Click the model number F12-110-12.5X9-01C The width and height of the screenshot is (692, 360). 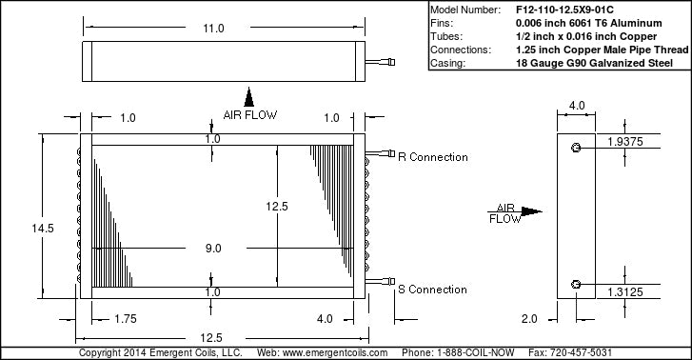564,10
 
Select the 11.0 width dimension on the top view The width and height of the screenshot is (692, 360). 213,29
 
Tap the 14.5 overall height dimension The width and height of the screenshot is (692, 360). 43,229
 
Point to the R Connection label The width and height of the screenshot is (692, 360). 432,157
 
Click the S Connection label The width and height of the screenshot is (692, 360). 432,290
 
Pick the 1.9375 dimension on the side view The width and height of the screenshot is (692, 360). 625,142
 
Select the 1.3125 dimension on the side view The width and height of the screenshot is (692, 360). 625,292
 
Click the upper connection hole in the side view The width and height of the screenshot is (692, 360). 576,148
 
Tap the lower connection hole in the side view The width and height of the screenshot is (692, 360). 576,285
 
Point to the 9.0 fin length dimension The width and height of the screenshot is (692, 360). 213,249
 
